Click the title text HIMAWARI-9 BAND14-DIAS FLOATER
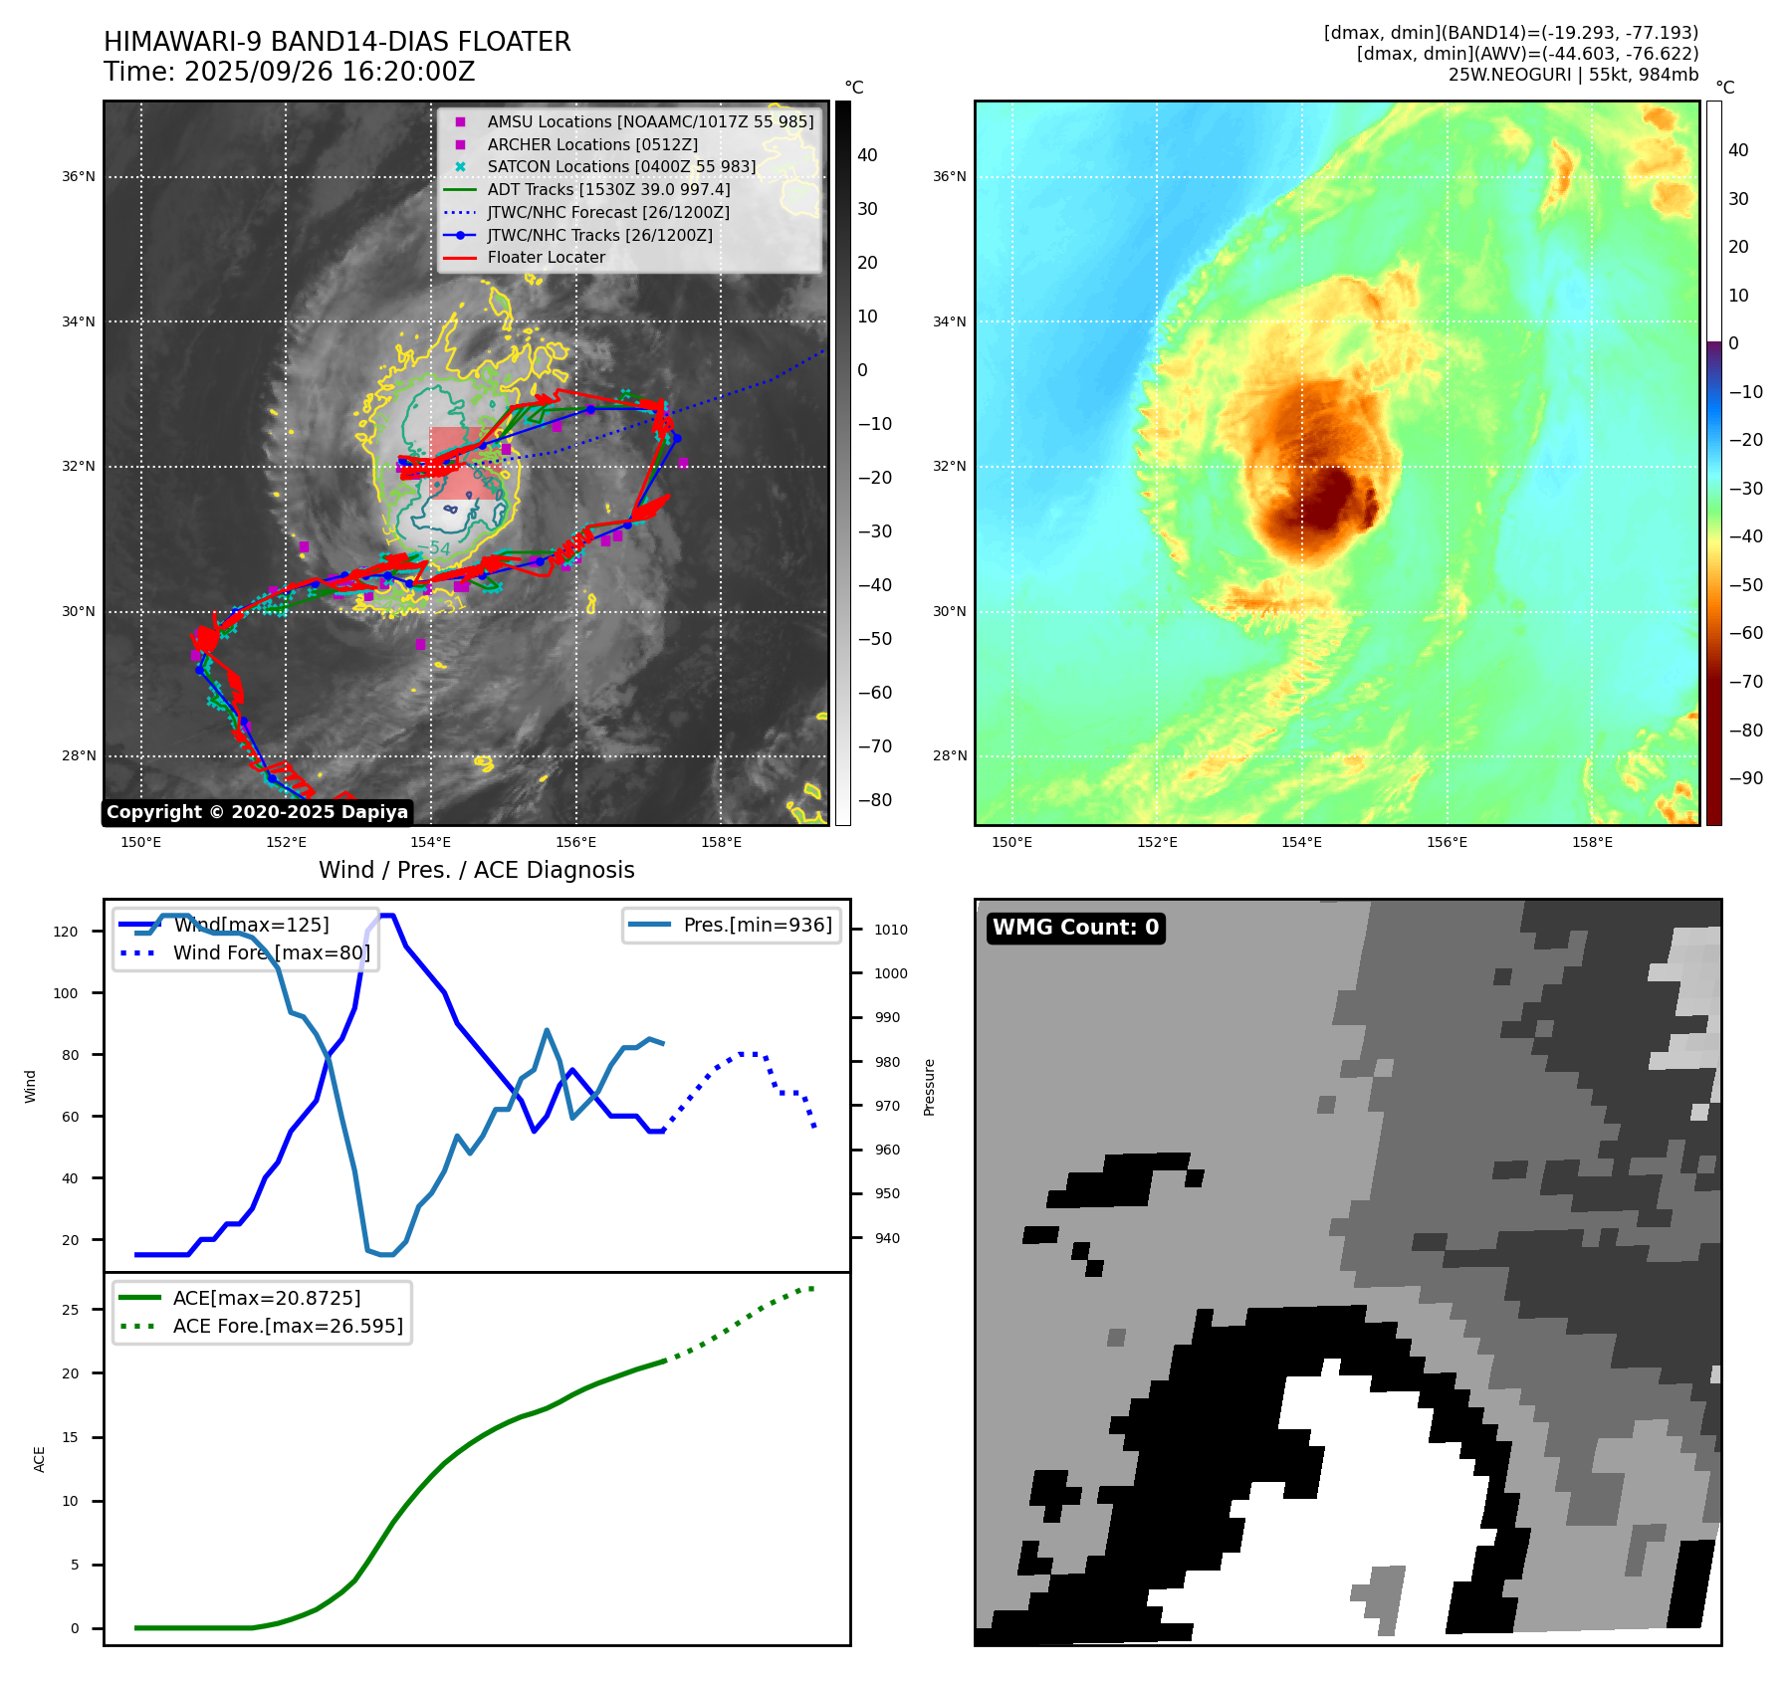tap(336, 42)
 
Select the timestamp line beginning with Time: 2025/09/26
tap(289, 72)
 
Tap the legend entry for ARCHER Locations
tap(591, 144)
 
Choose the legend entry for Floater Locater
tap(546, 257)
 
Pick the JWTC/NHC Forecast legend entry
tap(607, 212)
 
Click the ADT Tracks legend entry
tap(608, 189)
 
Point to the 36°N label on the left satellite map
tap(79, 177)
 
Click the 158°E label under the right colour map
tap(1591, 842)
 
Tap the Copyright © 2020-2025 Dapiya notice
tap(257, 812)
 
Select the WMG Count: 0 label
tap(1075, 928)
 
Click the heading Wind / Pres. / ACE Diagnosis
tap(476, 870)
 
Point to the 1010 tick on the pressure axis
tap(890, 930)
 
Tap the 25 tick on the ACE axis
tap(70, 1310)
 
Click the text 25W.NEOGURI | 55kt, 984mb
tap(1573, 75)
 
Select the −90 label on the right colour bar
tap(1745, 778)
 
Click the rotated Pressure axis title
tap(929, 1087)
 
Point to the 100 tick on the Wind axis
tap(66, 993)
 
